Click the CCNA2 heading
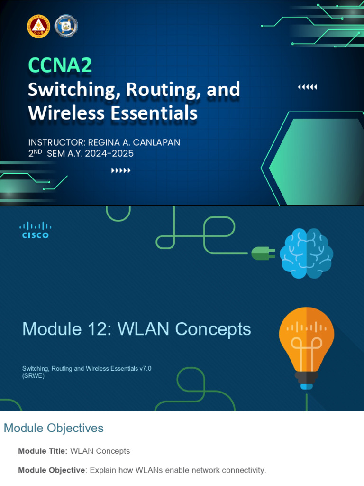60,65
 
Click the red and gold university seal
38,27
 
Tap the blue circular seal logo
66,27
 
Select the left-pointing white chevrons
307,87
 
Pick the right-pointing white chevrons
121,171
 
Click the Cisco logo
36,230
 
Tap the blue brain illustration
306,253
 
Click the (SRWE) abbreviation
33,376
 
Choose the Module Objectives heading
54,428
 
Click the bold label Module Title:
43,451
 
